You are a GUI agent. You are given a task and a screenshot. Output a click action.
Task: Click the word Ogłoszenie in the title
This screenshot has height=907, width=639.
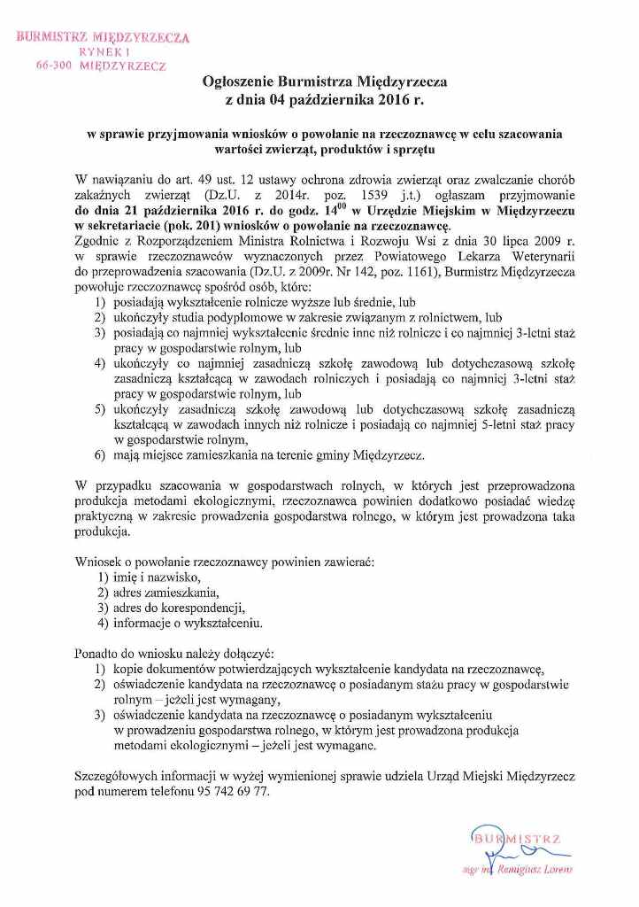(240, 81)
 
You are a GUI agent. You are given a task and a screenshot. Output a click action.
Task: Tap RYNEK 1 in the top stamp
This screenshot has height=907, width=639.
(104, 52)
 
